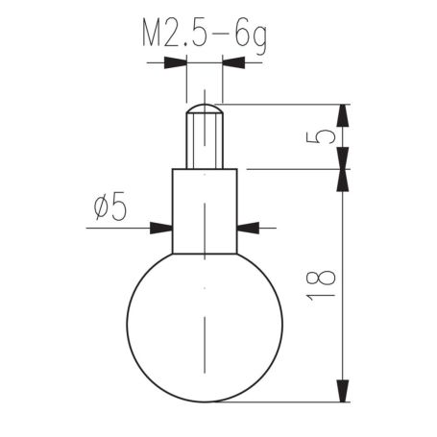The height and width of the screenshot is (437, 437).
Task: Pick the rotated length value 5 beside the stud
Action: [x=325, y=135]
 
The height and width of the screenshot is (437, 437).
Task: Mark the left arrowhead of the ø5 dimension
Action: [x=161, y=228]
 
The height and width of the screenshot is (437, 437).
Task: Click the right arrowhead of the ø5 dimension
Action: [x=247, y=228]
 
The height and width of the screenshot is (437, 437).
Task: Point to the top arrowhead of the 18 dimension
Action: [x=343, y=180]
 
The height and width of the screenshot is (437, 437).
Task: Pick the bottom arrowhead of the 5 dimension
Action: [x=343, y=158]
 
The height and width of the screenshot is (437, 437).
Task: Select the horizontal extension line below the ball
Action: [x=288, y=401]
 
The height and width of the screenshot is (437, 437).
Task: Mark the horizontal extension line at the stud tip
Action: [x=288, y=104]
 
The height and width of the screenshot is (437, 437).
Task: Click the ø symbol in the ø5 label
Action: [x=103, y=207]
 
